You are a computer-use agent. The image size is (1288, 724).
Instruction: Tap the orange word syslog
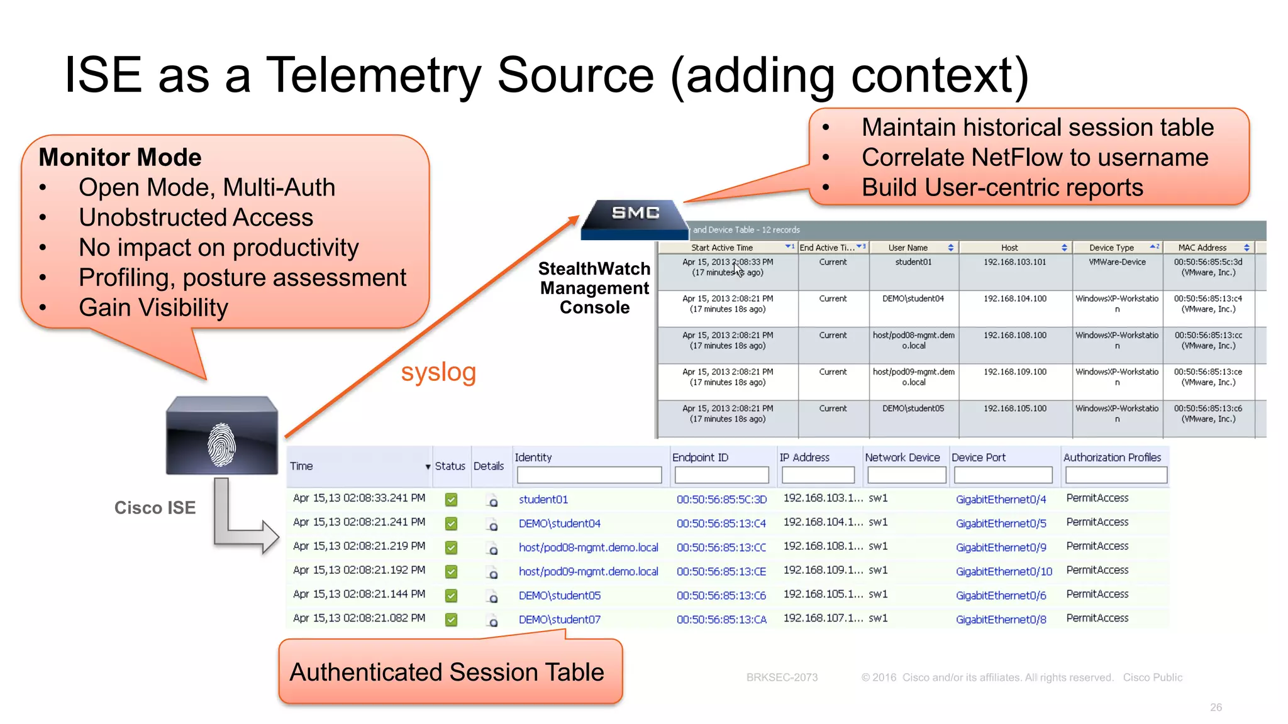(x=438, y=372)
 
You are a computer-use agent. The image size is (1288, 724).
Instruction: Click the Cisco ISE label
(x=155, y=508)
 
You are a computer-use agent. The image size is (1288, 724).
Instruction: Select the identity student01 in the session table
(x=543, y=500)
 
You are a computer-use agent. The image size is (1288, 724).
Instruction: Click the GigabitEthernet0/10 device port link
(x=1004, y=571)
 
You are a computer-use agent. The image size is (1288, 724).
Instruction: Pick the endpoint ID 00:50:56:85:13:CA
(x=721, y=620)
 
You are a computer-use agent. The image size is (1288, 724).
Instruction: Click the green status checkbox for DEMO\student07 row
(x=451, y=620)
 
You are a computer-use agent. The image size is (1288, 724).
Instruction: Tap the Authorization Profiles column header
(x=1112, y=458)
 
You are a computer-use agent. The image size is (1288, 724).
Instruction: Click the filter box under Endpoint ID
(x=721, y=475)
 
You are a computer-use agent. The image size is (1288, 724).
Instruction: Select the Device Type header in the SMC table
(x=1111, y=248)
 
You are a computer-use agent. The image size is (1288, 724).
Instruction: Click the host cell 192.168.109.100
(x=1015, y=372)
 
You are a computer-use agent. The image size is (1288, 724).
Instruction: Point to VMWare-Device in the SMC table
(x=1117, y=262)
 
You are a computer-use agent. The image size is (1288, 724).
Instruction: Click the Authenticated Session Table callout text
(x=447, y=672)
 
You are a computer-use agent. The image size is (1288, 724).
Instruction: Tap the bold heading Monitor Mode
(x=120, y=157)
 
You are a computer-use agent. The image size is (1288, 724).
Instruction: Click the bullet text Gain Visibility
(x=153, y=308)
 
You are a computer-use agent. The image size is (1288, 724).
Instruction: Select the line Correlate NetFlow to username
(x=1035, y=158)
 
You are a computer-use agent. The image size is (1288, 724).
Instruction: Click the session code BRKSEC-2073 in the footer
(x=782, y=677)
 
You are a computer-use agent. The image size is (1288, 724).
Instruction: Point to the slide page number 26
(x=1216, y=708)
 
